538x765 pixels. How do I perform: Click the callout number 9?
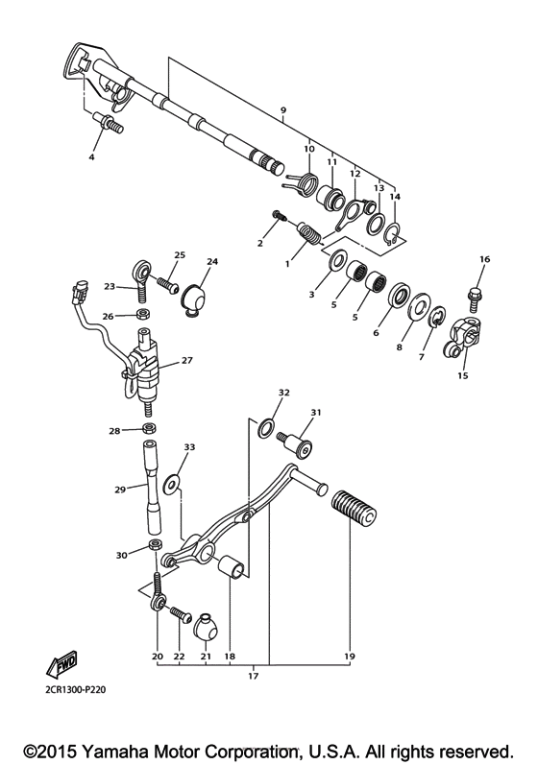pos(282,111)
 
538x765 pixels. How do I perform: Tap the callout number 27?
pos(186,362)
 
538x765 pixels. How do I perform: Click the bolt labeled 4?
pos(109,125)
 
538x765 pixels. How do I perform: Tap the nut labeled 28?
pos(150,429)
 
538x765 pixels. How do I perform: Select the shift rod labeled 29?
pos(151,488)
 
